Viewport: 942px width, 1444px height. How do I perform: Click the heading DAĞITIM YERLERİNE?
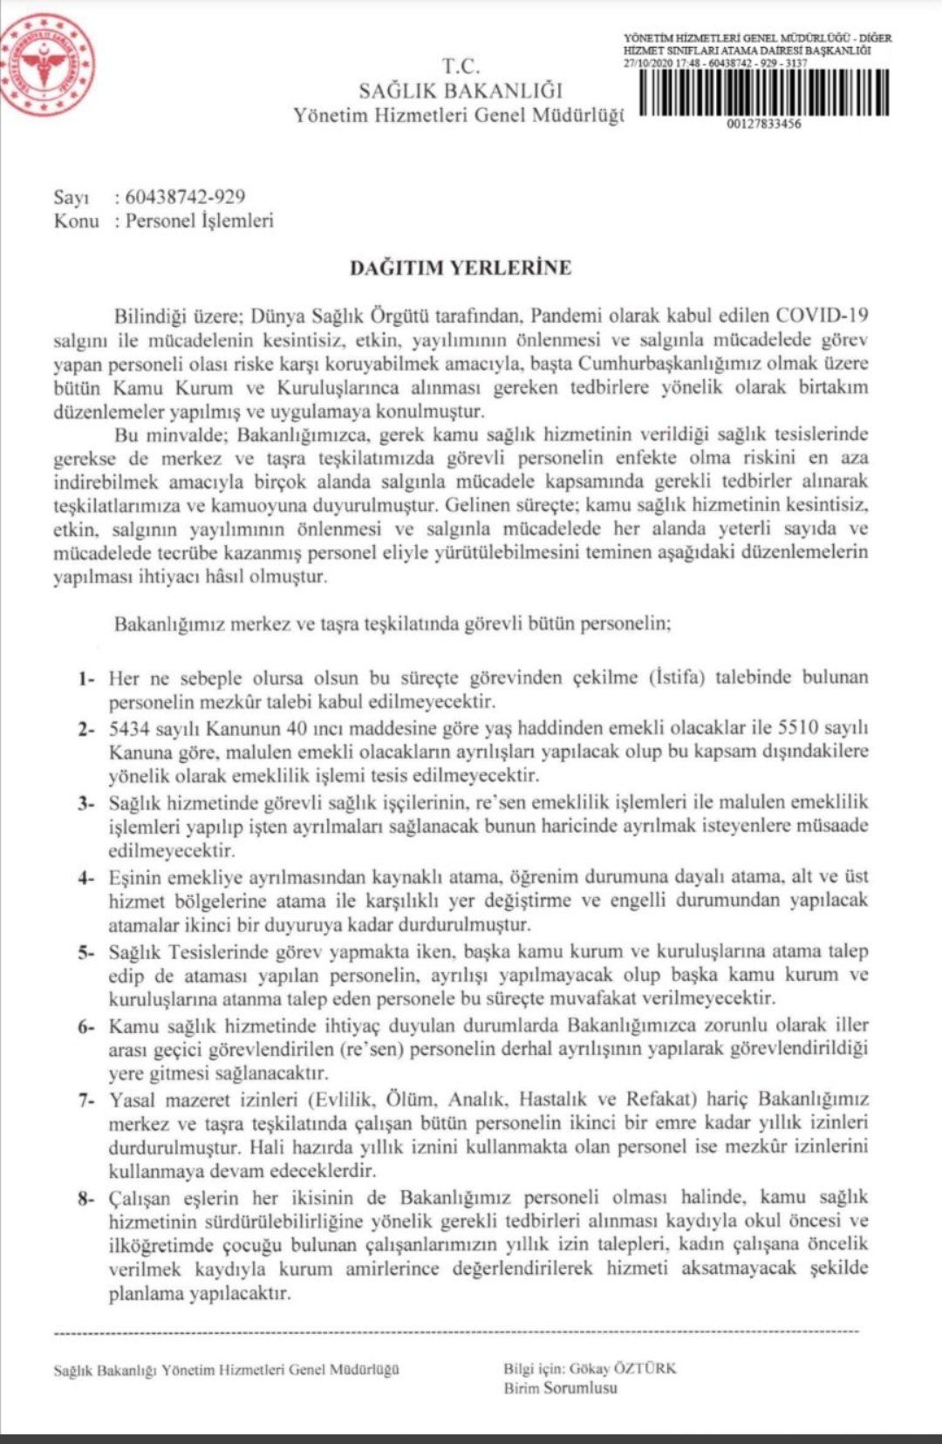click(461, 268)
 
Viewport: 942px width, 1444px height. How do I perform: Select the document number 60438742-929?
click(185, 197)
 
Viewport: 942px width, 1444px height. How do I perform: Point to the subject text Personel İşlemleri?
click(199, 221)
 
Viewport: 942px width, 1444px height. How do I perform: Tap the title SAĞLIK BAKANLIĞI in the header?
click(461, 90)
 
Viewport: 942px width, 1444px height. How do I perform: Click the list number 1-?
click(85, 678)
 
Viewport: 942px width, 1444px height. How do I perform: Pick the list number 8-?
click(85, 1199)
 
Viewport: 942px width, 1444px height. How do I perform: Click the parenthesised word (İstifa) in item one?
click(678, 678)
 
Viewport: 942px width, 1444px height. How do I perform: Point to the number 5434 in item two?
click(129, 728)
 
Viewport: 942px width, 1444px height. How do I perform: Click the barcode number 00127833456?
click(763, 124)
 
